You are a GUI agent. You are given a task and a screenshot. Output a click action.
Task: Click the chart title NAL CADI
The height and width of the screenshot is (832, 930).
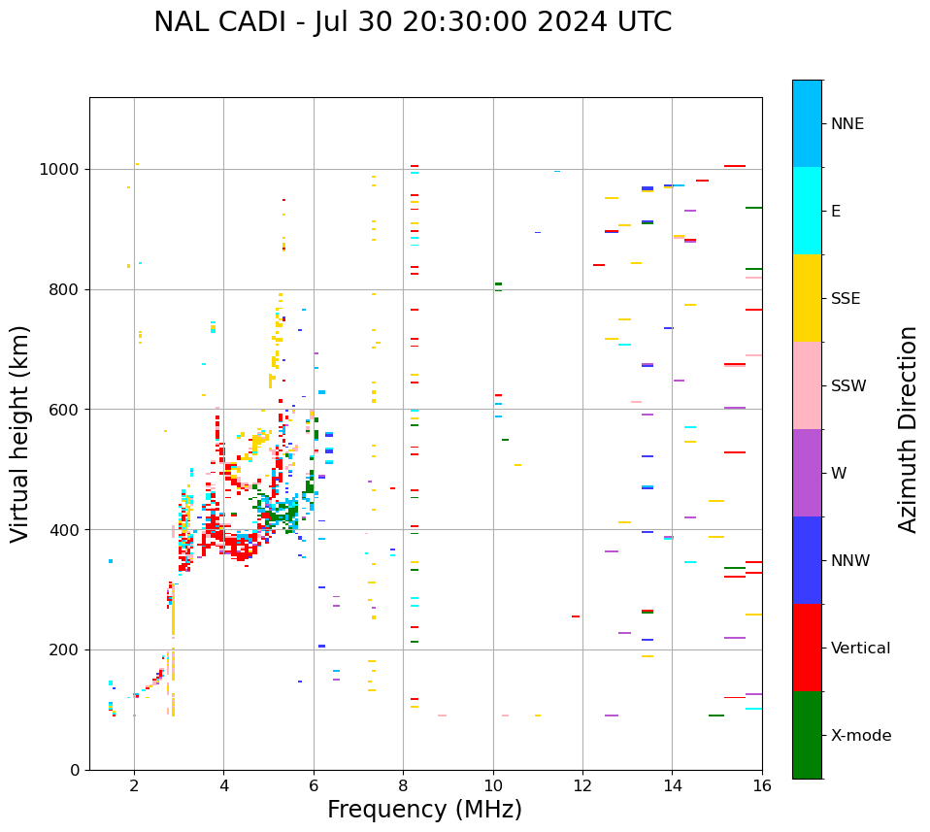pyautogui.click(x=412, y=22)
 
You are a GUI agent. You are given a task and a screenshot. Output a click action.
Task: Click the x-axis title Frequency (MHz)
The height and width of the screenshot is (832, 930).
pyautogui.click(x=424, y=810)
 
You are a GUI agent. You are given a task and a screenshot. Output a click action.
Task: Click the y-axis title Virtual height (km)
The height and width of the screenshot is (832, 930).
pyautogui.click(x=20, y=434)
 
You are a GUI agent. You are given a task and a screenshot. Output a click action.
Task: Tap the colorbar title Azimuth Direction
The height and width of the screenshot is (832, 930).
pyautogui.click(x=908, y=429)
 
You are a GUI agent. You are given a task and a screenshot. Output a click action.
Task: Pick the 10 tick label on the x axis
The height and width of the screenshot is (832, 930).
pyautogui.click(x=493, y=785)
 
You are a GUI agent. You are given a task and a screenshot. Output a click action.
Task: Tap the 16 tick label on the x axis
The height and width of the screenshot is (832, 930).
pyautogui.click(x=762, y=785)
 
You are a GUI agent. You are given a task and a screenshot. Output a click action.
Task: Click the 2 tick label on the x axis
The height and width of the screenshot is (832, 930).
pyautogui.click(x=134, y=785)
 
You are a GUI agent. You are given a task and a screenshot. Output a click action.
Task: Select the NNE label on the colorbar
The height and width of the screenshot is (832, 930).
pyautogui.click(x=847, y=124)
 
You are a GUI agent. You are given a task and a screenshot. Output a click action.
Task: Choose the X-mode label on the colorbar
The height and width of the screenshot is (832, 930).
pyautogui.click(x=861, y=736)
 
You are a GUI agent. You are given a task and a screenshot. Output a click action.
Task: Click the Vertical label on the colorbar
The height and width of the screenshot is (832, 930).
pyautogui.click(x=860, y=649)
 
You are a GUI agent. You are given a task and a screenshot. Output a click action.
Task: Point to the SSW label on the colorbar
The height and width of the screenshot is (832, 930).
pyautogui.click(x=848, y=386)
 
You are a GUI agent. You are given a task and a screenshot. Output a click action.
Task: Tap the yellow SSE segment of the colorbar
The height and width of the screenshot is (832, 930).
pyautogui.click(x=807, y=298)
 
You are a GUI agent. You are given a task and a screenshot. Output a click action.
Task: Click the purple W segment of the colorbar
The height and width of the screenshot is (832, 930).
pyautogui.click(x=807, y=473)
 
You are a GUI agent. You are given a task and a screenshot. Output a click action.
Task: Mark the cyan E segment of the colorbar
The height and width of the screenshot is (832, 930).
pyautogui.click(x=807, y=211)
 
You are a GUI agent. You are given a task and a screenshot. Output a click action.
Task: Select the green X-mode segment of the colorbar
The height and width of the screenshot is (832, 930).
pyautogui.click(x=807, y=735)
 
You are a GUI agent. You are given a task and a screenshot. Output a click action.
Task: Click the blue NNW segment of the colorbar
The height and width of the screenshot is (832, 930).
pyautogui.click(x=807, y=560)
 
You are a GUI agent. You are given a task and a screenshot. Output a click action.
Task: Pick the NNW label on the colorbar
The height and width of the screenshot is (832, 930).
pyautogui.click(x=851, y=561)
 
